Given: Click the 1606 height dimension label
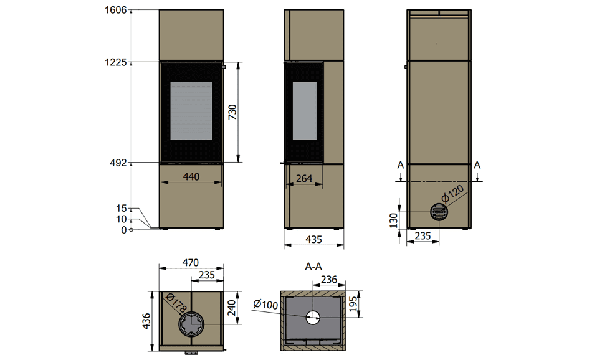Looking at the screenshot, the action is click(115, 10).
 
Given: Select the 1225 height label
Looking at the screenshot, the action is click(115, 62).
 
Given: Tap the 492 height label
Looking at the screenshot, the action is click(118, 163).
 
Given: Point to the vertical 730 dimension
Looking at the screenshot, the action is click(232, 112).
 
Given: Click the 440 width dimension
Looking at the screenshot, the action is click(191, 177).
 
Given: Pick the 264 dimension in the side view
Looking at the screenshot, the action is click(304, 178).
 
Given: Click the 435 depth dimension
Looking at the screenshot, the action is click(313, 239).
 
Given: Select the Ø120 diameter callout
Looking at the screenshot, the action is click(452, 194).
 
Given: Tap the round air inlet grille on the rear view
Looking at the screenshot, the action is click(439, 212).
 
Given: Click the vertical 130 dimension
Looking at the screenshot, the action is click(393, 220).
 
